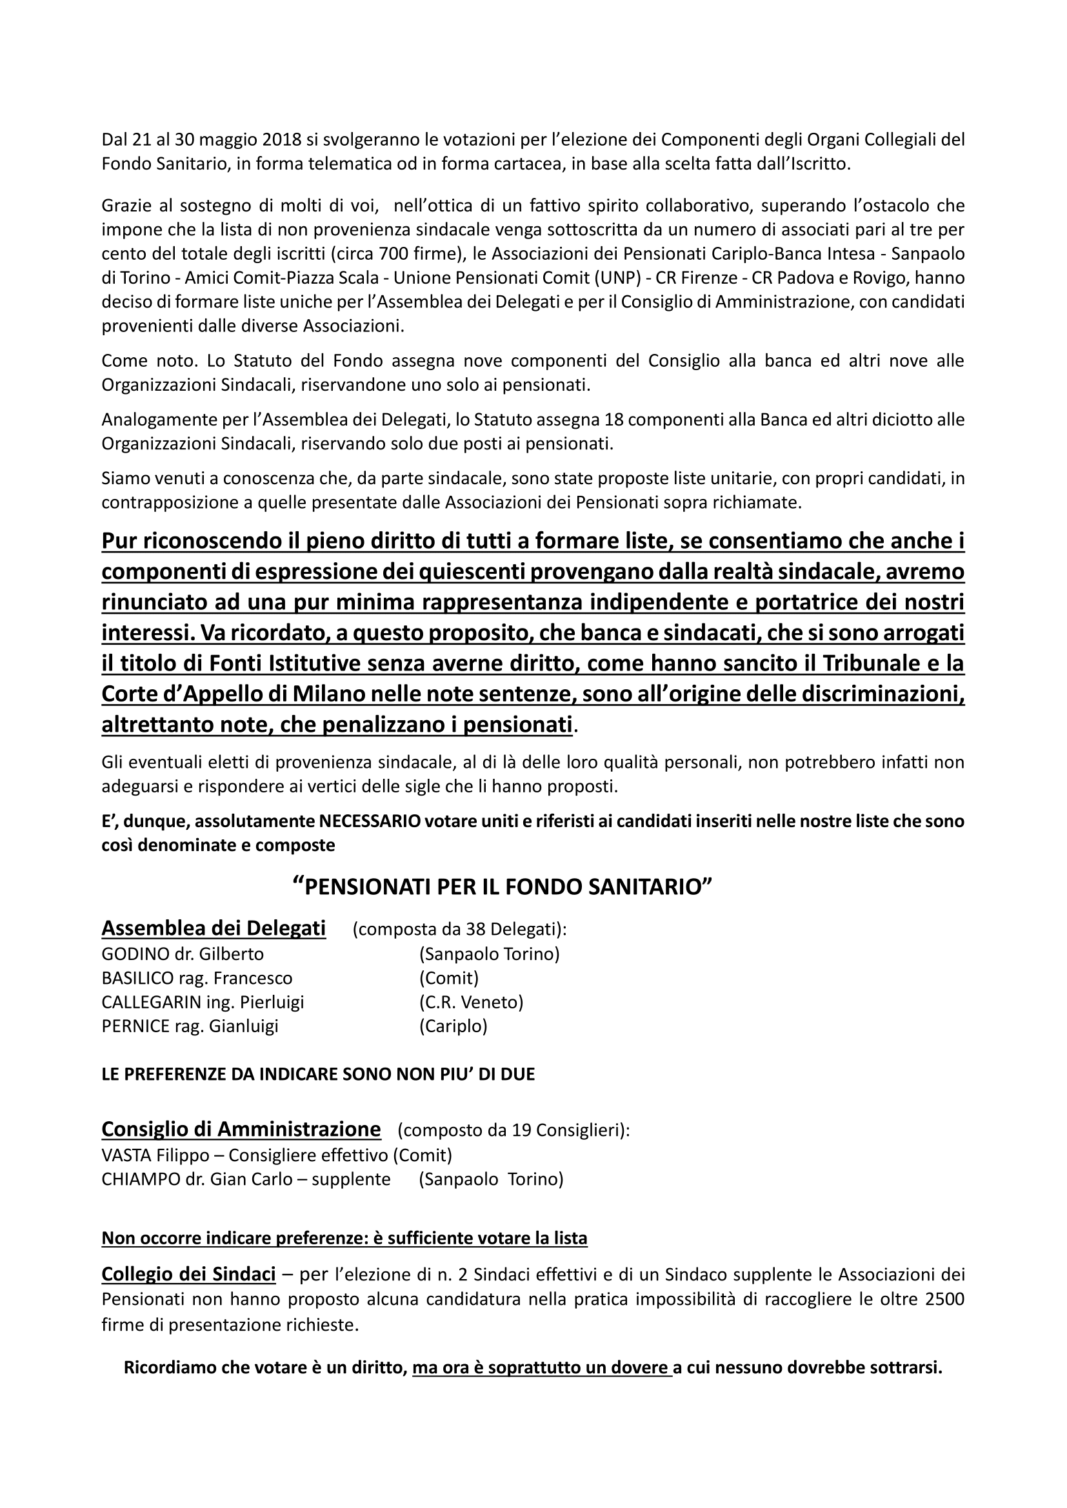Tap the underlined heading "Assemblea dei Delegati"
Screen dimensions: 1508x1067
click(214, 928)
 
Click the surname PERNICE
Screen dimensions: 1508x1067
click(135, 1026)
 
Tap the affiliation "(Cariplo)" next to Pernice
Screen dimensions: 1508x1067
click(453, 1026)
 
